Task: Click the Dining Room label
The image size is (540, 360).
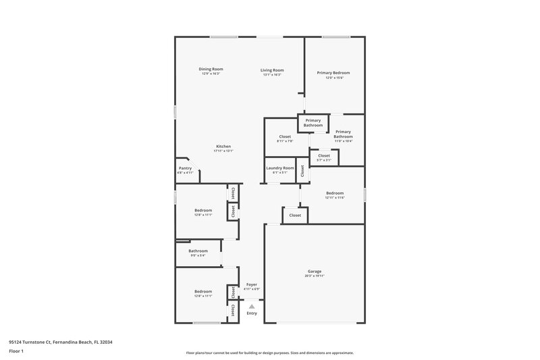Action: click(211, 69)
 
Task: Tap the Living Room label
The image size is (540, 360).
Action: click(273, 70)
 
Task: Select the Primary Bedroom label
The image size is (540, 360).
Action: click(334, 72)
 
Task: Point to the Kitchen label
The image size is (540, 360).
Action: click(223, 147)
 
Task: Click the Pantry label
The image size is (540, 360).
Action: click(185, 168)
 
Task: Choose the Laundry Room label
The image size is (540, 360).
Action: click(280, 168)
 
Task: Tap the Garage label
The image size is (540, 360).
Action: click(315, 272)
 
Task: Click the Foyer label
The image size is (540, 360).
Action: click(252, 284)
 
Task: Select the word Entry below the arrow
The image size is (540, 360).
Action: click(252, 313)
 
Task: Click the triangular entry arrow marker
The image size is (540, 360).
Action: click(252, 306)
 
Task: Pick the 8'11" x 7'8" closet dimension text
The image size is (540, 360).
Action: click(285, 141)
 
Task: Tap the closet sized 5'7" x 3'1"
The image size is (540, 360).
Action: click(324, 160)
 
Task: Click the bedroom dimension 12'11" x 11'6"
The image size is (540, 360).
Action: click(335, 198)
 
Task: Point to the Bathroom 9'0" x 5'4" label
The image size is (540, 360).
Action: click(198, 255)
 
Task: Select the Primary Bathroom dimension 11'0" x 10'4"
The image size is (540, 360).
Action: click(343, 140)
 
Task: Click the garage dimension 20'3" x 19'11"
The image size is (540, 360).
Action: click(315, 276)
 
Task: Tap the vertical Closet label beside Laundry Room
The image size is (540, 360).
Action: click(302, 172)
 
